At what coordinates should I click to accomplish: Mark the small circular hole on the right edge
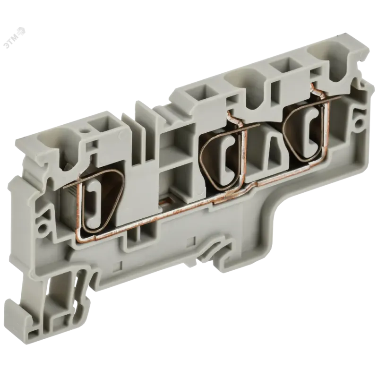click(360, 123)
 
